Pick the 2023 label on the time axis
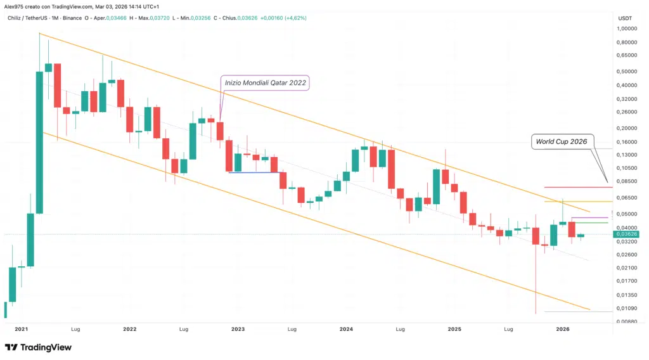(x=238, y=330)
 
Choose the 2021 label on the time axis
(x=21, y=330)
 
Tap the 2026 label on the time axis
(x=563, y=330)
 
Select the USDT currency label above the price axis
(x=624, y=18)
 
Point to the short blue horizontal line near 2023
(x=254, y=172)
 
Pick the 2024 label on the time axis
(x=346, y=330)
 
